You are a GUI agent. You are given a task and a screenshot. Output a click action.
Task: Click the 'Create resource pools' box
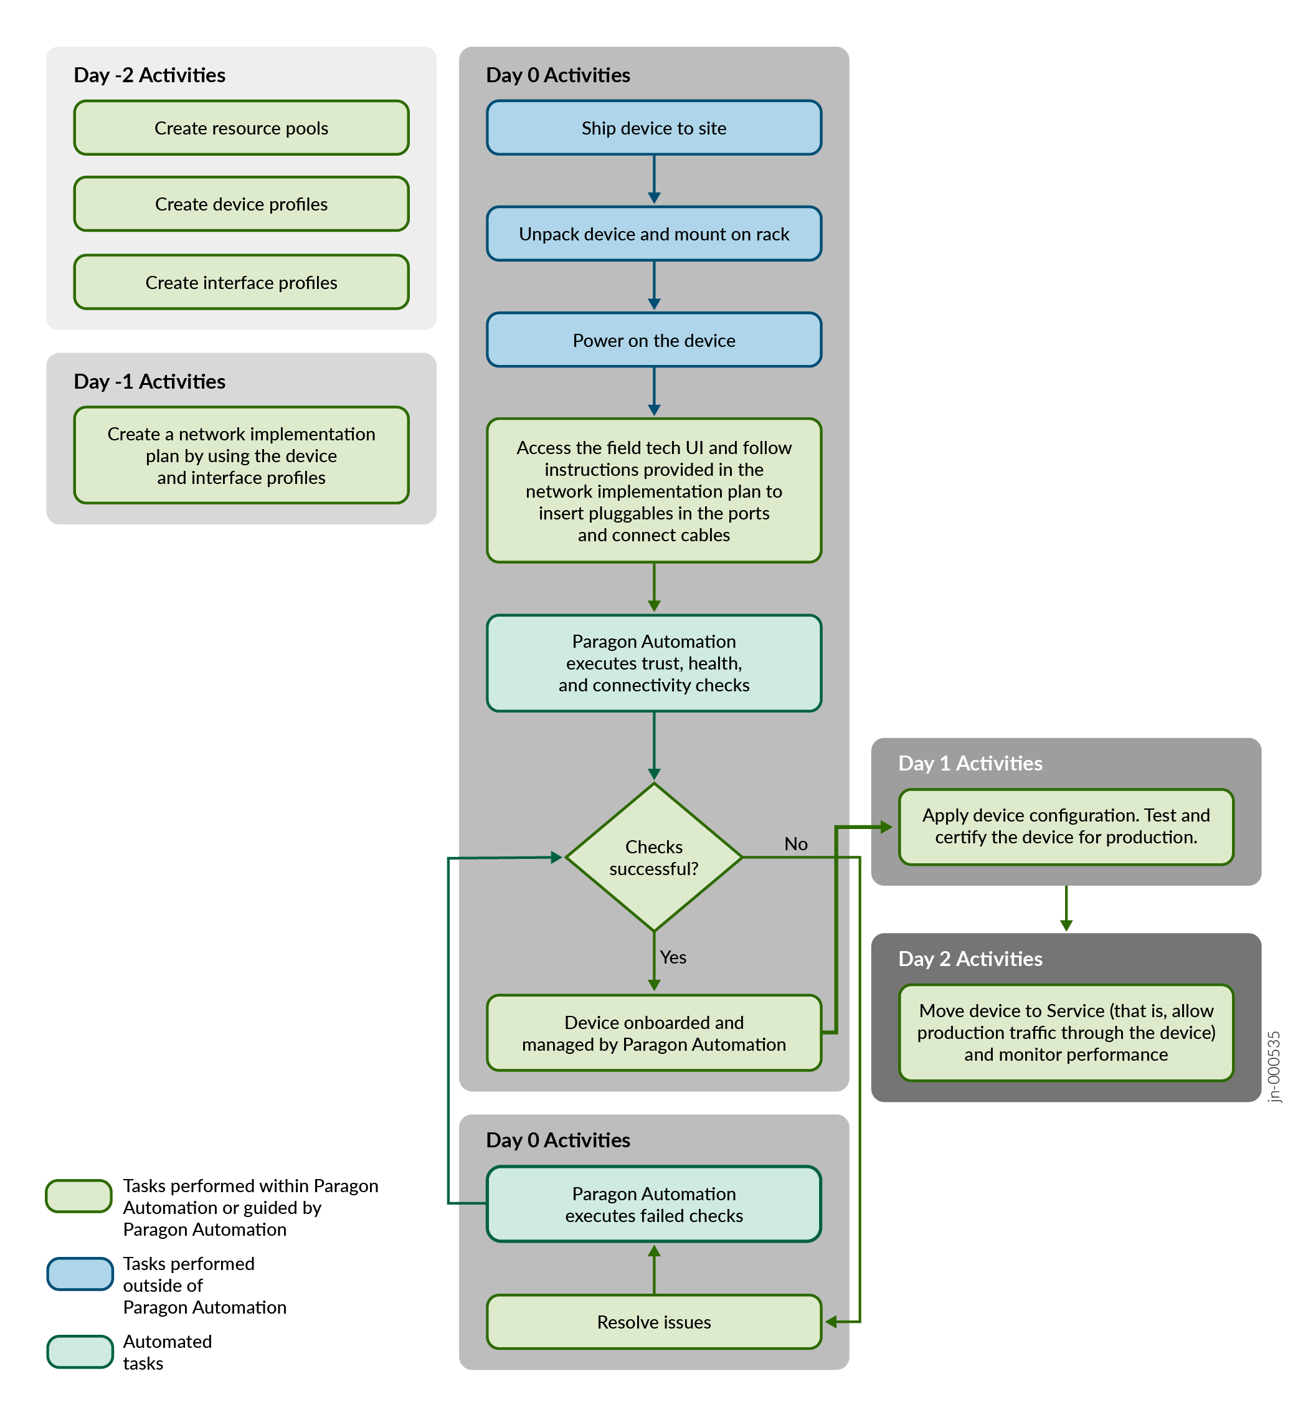[242, 128]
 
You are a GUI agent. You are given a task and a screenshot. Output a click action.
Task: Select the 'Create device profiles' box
[242, 204]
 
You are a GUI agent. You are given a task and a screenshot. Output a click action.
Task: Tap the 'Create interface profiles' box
[242, 282]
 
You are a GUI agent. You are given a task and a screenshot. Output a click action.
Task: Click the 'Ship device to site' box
[653, 128]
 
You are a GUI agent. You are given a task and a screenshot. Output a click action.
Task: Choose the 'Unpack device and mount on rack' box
[653, 234]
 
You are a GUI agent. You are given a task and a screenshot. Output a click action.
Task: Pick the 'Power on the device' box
[653, 341]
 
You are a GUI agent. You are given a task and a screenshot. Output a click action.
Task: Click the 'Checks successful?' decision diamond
[653, 857]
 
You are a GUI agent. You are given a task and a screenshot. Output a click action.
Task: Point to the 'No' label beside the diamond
[795, 844]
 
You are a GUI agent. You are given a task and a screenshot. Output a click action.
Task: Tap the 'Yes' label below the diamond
[673, 957]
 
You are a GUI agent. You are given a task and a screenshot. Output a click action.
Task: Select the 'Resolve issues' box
[653, 1322]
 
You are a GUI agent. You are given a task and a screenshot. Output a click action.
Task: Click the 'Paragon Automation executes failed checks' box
[653, 1204]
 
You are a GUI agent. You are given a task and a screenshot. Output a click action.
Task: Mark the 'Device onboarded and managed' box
[653, 1033]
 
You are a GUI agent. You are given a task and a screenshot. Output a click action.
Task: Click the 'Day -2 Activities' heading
[149, 75]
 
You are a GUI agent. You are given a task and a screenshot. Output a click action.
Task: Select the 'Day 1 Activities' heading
[970, 763]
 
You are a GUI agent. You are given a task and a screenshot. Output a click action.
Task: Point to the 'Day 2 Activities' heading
[970, 959]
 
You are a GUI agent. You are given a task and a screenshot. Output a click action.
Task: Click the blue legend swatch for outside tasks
[80, 1273]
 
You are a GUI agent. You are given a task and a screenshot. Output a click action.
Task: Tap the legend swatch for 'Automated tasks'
[80, 1351]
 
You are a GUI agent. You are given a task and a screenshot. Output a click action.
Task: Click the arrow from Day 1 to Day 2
[1066, 908]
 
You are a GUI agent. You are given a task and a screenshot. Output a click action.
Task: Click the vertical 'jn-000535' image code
[1273, 1066]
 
